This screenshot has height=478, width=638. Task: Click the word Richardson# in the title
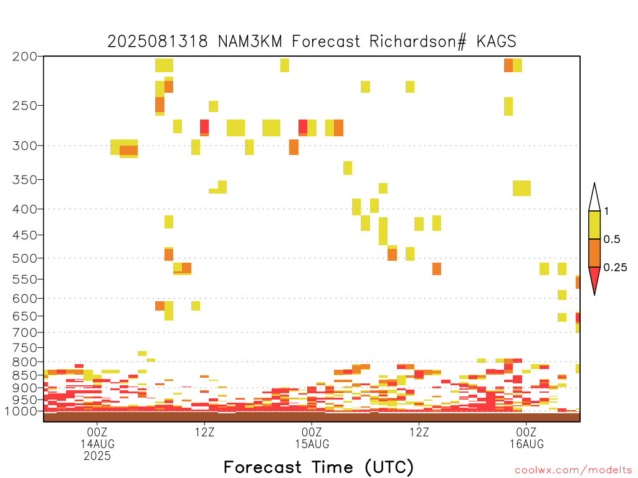(417, 42)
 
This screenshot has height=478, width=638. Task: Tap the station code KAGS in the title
(496, 42)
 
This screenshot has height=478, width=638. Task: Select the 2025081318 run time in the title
(157, 42)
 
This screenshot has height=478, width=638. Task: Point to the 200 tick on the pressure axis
(25, 57)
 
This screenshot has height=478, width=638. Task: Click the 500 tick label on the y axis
(25, 258)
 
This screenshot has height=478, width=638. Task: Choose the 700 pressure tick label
(25, 332)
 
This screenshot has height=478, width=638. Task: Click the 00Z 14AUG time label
(97, 438)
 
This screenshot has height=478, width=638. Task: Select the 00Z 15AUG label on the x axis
(312, 438)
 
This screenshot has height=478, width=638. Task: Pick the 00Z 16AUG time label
(527, 438)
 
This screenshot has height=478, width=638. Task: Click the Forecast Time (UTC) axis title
(318, 467)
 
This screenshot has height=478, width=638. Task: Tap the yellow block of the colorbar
(594, 225)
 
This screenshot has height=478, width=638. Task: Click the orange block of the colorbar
(594, 253)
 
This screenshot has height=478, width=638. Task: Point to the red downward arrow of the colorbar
(594, 279)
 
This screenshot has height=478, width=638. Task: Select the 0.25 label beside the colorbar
(615, 268)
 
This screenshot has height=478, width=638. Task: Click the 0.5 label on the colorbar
(612, 240)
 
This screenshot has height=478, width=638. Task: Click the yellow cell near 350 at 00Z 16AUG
(521, 188)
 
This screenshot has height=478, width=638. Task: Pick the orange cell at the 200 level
(508, 65)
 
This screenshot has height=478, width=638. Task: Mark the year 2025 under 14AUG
(97, 456)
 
